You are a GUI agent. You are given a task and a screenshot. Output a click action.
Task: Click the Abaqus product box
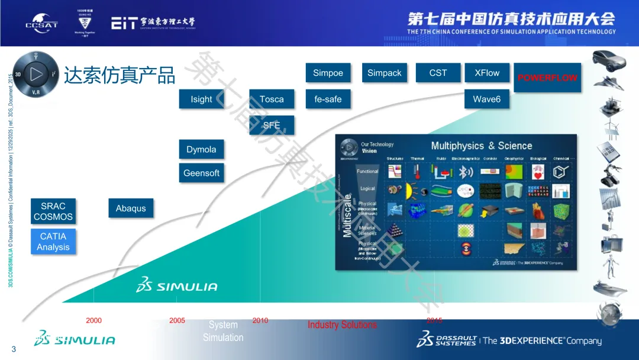coord(131,208)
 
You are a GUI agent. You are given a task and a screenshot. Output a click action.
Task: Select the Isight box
coord(201,99)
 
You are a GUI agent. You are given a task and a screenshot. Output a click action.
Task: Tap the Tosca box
coord(272,99)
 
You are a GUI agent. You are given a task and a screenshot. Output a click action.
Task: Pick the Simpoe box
coord(328,73)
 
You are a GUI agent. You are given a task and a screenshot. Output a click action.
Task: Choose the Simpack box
coord(384,73)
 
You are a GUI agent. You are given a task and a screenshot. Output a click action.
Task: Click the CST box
coord(438,73)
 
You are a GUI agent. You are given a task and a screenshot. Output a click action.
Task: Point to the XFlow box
coord(487,73)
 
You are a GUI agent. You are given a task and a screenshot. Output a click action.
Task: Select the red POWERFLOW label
coord(547,78)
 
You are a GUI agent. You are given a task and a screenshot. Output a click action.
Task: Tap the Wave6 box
coord(486,99)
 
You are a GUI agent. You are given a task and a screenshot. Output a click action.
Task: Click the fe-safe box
coord(328,99)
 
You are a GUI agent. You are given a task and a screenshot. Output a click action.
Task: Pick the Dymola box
coord(201,149)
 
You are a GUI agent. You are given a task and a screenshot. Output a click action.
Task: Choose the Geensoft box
coord(201,173)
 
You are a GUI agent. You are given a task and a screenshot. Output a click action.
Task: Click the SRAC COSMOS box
coord(53,211)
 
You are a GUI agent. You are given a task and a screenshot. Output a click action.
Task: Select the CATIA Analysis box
coord(53,242)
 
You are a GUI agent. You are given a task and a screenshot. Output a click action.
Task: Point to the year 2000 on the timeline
coord(93,321)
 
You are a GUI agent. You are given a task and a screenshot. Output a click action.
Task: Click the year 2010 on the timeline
coord(260,321)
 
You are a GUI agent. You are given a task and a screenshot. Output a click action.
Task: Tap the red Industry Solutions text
coord(342,325)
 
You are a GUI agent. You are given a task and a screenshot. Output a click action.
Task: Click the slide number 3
coord(14,349)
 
